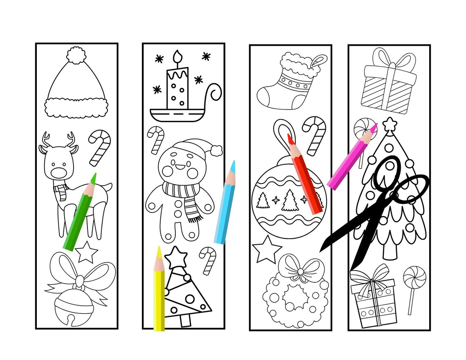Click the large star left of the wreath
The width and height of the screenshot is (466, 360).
[x=267, y=249]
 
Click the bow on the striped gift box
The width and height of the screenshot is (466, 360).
[x=388, y=60]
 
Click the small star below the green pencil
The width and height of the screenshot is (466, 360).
[x=87, y=252]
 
